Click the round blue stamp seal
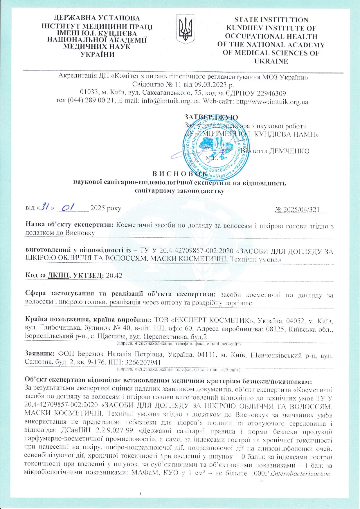(217, 149)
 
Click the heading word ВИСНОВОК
(180, 174)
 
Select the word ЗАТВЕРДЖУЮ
(211, 117)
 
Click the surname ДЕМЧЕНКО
(289, 151)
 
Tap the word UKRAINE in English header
(271, 61)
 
